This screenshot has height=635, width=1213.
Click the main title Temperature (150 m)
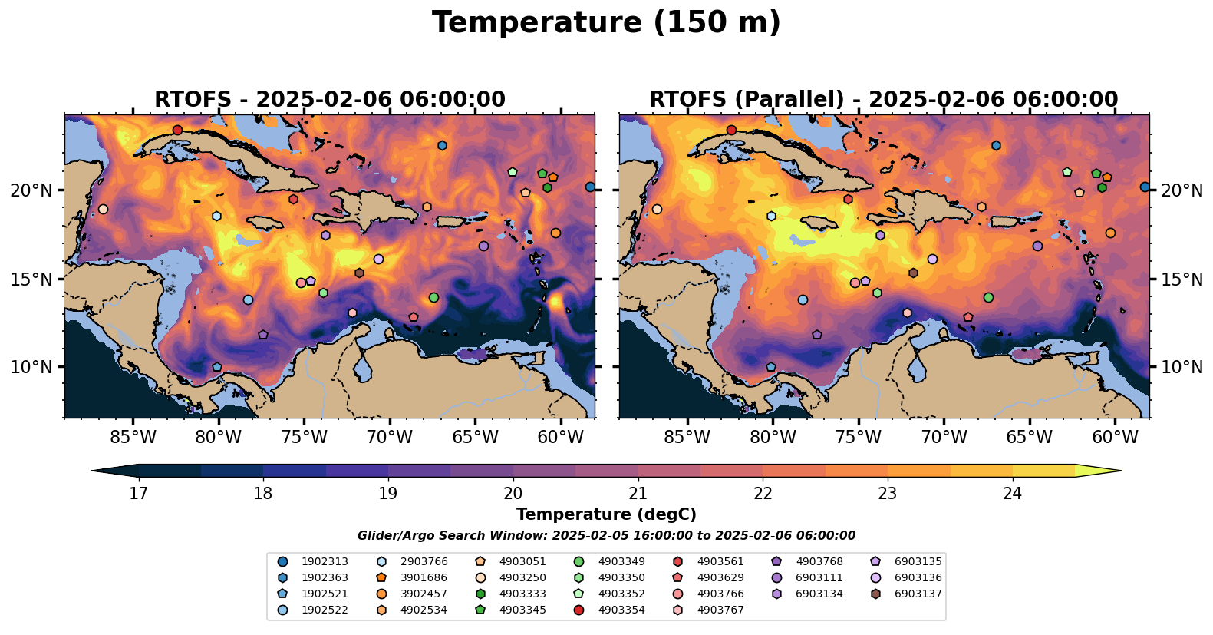click(x=606, y=23)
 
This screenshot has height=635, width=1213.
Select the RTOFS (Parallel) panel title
click(x=884, y=100)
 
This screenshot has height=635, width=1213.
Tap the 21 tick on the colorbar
click(x=638, y=494)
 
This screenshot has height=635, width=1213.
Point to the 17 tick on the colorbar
click(x=139, y=494)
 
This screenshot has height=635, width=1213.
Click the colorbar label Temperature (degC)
click(x=606, y=514)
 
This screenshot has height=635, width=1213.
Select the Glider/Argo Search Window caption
click(x=606, y=536)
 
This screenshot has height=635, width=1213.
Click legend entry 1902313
click(x=314, y=562)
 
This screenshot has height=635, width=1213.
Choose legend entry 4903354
click(x=611, y=610)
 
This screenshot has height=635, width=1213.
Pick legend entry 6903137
click(x=908, y=594)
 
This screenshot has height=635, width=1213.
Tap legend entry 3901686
click(x=414, y=577)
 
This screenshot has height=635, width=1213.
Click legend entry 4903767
click(x=710, y=610)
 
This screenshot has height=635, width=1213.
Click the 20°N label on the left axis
click(x=31, y=190)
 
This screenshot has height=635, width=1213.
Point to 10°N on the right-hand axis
click(x=1181, y=367)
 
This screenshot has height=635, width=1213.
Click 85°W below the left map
click(x=133, y=437)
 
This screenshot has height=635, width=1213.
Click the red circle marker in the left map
click(x=177, y=130)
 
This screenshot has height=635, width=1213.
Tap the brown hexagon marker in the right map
click(x=914, y=273)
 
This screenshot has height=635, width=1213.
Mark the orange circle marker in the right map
click(x=1110, y=233)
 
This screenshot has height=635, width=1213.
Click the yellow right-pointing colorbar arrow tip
click(x=1121, y=471)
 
